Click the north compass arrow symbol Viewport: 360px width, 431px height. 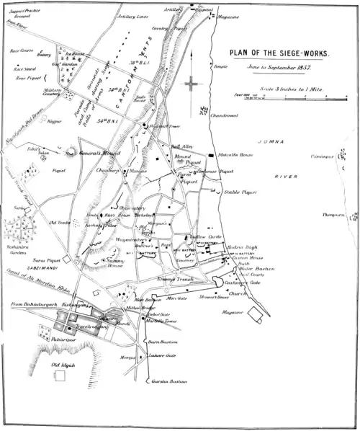tap(192, 85)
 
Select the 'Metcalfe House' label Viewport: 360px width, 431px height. tap(235, 154)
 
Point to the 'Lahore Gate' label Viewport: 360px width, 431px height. tap(163, 356)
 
